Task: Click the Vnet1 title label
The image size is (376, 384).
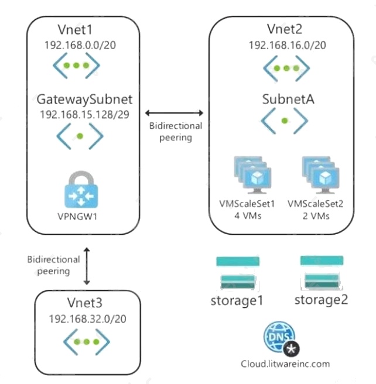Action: tap(75, 29)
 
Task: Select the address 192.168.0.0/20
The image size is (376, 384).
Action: tap(80, 45)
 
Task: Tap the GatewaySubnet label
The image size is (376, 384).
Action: tap(84, 100)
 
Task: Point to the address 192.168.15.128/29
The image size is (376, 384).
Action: tap(84, 115)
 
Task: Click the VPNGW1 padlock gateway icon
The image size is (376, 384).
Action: tap(81, 189)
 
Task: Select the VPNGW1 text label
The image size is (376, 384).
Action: tap(77, 217)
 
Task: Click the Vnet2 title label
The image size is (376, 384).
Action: tap(285, 29)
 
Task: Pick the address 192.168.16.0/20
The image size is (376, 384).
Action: tap(288, 45)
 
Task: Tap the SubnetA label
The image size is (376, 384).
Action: tap(288, 99)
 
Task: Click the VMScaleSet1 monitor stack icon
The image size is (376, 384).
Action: tap(252, 175)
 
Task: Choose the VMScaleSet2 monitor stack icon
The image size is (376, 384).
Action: tap(320, 175)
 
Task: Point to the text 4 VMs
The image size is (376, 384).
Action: tap(248, 216)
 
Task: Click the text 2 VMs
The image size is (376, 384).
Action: tap(316, 216)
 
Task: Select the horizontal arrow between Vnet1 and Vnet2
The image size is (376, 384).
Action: tap(174, 113)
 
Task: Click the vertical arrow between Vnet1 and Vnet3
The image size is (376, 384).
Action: tap(87, 266)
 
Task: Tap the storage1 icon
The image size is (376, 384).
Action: tap(238, 273)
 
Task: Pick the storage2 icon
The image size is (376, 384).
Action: tap(322, 273)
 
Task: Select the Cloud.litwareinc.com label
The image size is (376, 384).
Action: tap(285, 364)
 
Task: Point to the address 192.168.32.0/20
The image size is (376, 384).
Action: tap(87, 319)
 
